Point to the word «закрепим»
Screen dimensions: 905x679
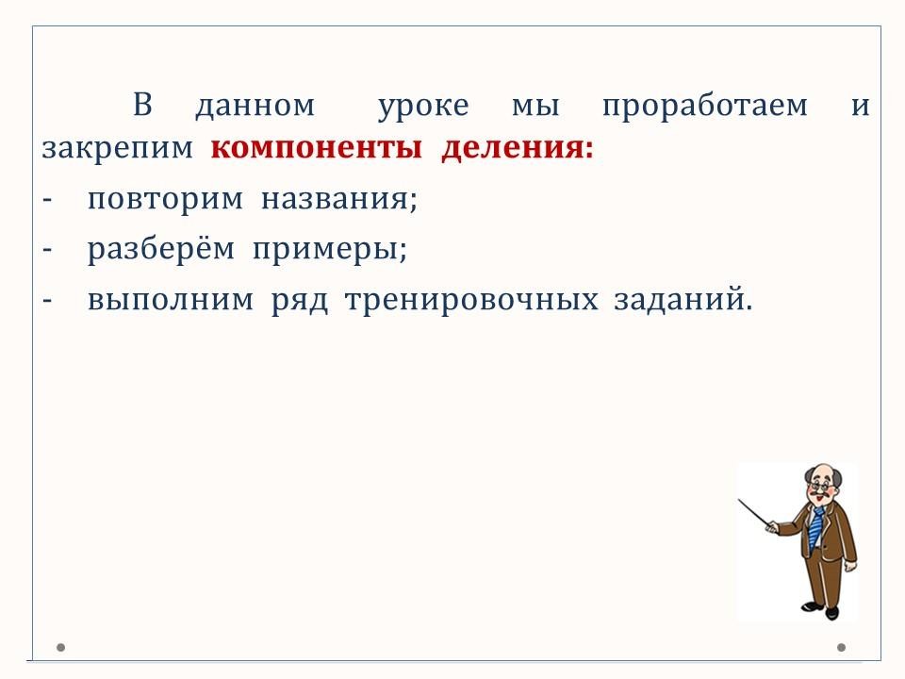117,149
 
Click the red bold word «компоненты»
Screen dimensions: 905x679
317,148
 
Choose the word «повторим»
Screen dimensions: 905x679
165,200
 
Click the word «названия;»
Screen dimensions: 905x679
339,200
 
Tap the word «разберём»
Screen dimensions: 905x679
161,248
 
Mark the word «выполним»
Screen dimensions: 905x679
171,300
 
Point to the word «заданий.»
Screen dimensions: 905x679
683,299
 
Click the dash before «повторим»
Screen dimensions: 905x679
47,200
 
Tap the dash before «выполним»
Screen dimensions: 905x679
47,301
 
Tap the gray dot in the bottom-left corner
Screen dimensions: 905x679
60,647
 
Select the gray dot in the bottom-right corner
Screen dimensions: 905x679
842,647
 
